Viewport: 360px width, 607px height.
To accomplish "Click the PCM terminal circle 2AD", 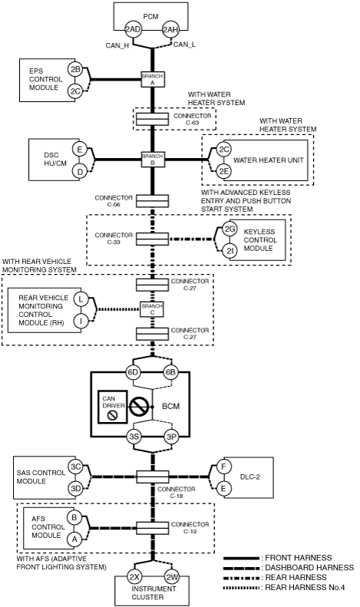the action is tap(133, 30).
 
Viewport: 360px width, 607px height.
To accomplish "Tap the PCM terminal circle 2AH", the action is tap(170, 30).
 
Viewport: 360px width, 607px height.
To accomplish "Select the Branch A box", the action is tap(153, 79).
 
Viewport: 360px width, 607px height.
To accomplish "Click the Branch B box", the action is tap(153, 159).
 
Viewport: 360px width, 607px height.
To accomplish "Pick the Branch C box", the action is tap(152, 309).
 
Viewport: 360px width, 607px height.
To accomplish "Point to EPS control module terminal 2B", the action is tap(75, 70).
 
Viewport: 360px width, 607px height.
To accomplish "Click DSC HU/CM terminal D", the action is tap(80, 171).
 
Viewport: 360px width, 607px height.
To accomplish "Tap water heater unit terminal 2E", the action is tap(223, 170).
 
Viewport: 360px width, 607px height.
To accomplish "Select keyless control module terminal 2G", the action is tap(230, 229).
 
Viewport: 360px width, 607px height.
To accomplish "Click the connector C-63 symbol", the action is tap(152, 119).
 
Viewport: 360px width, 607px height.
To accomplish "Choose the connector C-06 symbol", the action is tap(152, 201).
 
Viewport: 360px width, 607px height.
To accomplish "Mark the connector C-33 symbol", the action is tap(152, 239).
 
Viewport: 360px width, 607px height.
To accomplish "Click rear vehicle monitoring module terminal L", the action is tap(81, 299).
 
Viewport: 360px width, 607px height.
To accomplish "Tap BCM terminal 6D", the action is tap(133, 372).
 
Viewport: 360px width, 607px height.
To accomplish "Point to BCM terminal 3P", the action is tap(171, 437).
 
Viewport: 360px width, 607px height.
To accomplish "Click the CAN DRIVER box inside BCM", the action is tap(113, 407).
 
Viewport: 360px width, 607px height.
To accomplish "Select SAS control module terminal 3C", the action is tap(76, 467).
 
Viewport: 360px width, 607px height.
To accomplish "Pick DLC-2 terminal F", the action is tap(223, 467).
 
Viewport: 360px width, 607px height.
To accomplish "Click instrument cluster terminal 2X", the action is tap(134, 577).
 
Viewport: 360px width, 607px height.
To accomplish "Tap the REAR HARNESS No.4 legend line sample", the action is tap(242, 588).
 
